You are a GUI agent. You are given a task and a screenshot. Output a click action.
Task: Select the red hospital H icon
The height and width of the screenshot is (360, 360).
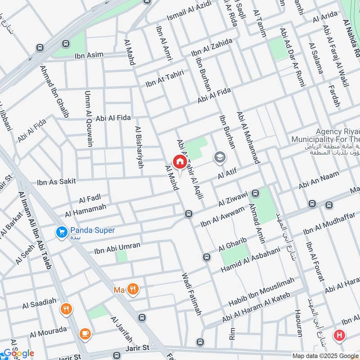point(339,335)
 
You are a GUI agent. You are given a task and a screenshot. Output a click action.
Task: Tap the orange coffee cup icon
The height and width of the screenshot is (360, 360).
point(85,333)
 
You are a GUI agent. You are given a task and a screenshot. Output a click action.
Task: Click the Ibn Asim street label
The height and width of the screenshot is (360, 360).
point(89,55)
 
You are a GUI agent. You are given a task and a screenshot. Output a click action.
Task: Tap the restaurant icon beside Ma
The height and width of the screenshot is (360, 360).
point(132,289)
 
